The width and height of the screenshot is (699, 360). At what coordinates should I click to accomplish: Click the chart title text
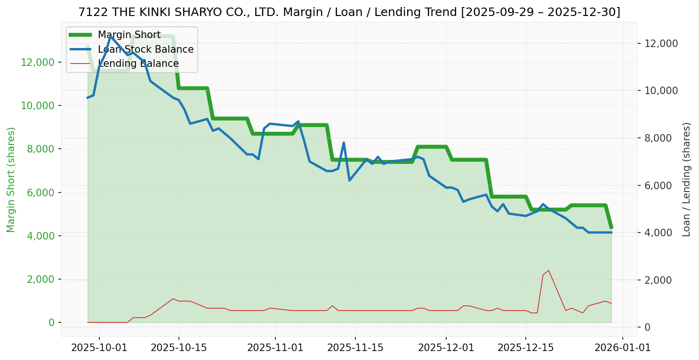(349, 12)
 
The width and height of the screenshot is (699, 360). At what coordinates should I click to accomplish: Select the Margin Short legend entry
(129, 35)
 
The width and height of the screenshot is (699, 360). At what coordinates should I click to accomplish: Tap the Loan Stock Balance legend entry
(145, 49)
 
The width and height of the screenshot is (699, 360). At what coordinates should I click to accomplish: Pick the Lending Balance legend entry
(138, 64)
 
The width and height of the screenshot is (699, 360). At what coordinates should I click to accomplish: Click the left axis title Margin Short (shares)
(11, 179)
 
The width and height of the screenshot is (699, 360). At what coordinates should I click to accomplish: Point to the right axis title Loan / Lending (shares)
(686, 179)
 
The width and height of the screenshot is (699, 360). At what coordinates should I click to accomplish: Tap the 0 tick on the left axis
(52, 323)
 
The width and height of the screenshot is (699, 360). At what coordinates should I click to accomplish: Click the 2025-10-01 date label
(99, 348)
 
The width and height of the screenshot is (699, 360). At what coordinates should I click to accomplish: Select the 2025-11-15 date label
(355, 348)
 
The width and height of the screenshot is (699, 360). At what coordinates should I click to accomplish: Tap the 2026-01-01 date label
(622, 348)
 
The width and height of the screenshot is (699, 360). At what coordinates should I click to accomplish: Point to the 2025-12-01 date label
(446, 348)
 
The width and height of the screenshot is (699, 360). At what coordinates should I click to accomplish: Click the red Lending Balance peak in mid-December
(548, 270)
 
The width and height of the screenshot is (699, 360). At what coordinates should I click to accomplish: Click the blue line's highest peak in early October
(111, 36)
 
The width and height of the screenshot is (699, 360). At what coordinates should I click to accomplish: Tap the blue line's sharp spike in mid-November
(344, 143)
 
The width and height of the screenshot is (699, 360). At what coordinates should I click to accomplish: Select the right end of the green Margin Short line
(611, 228)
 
